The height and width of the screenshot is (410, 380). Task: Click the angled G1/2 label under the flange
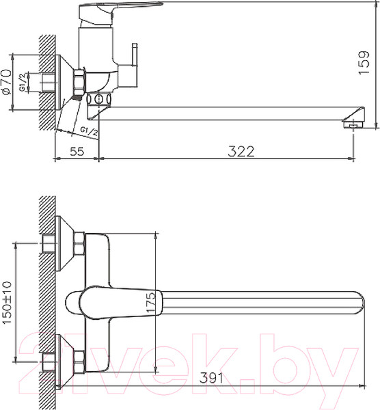click(x=88, y=129)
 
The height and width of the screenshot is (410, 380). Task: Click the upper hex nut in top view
click(x=78, y=243)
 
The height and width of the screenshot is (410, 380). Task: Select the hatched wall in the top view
click(x=46, y=301)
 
